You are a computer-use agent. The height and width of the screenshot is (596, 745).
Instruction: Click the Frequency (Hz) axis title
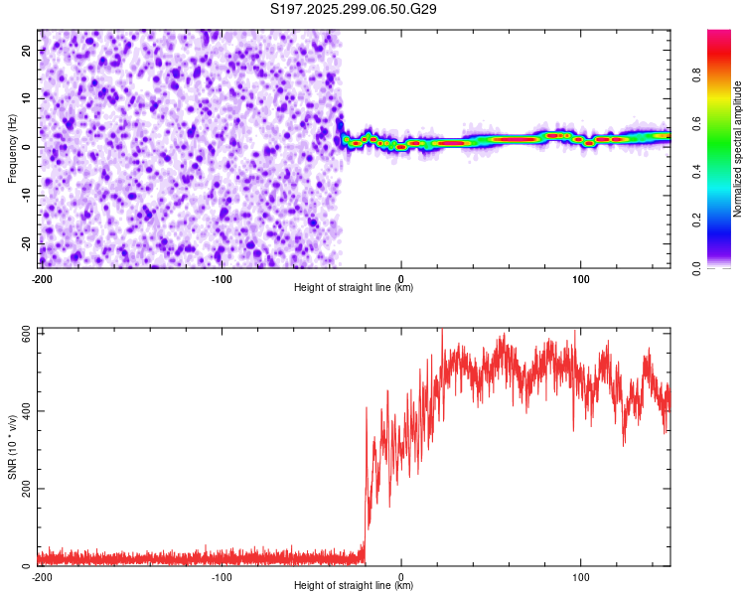(x=12, y=149)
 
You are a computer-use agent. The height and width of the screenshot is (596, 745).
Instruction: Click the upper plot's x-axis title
(x=354, y=288)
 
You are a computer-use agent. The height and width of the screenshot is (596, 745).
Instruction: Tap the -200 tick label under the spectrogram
(x=41, y=278)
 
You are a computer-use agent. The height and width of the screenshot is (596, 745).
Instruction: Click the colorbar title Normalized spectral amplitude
(x=738, y=149)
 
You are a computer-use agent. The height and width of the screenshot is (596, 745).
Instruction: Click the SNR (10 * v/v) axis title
(x=12, y=447)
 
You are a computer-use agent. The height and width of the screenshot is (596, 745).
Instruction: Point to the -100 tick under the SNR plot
(x=221, y=576)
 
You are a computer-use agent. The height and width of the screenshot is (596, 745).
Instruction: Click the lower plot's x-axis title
(x=354, y=586)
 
